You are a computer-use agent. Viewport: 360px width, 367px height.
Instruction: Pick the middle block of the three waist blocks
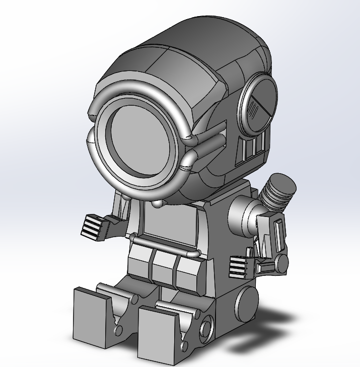tap(165, 265)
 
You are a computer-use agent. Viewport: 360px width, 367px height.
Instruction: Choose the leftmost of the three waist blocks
tap(139, 261)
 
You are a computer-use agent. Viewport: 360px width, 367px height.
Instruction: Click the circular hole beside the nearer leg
tap(205, 328)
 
